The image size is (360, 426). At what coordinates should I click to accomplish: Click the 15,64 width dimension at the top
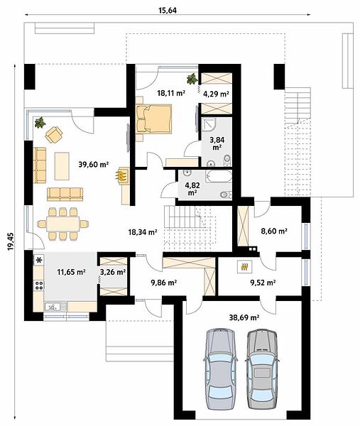click(168, 11)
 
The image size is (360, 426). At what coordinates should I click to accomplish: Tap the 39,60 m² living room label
click(94, 164)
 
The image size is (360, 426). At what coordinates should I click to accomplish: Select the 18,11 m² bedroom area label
click(171, 93)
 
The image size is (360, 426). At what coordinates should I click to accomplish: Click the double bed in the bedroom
click(154, 119)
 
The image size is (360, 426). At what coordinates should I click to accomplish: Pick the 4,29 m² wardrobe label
click(216, 94)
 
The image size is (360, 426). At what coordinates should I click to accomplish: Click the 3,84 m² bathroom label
click(217, 143)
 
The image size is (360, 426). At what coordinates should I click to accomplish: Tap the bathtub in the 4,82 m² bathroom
click(219, 176)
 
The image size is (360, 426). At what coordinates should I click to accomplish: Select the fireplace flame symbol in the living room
click(121, 175)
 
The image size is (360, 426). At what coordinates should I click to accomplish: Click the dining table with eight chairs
click(62, 224)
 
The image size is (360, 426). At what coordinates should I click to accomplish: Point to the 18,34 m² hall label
click(143, 232)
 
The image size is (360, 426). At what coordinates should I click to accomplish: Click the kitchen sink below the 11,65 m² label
click(55, 306)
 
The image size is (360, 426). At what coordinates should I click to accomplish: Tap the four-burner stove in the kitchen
click(39, 285)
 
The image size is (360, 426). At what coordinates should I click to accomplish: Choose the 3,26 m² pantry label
click(113, 272)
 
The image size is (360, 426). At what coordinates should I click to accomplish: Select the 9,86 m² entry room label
click(164, 283)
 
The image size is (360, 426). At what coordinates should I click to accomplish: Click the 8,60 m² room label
click(274, 231)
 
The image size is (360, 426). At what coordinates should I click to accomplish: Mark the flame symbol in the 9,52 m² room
click(244, 266)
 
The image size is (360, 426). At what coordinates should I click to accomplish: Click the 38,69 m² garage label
click(244, 317)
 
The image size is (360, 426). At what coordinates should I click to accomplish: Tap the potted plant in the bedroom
click(192, 79)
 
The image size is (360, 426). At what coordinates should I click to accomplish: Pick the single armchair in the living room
click(54, 134)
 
